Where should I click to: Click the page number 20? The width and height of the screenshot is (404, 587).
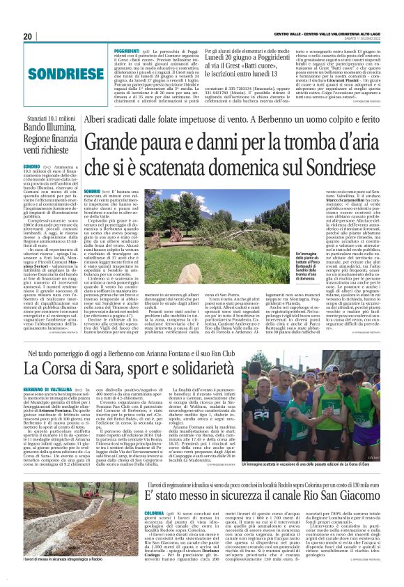click(29, 36)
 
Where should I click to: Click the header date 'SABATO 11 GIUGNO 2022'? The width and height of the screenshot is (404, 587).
click(372, 37)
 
